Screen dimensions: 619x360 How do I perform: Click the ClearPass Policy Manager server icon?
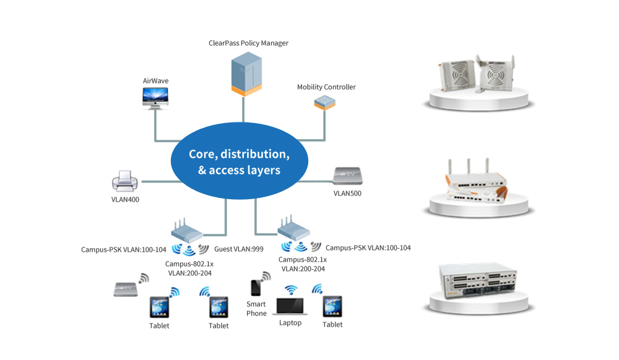(x=246, y=74)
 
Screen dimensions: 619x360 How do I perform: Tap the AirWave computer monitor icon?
(x=155, y=98)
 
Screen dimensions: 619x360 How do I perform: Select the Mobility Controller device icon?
(x=324, y=103)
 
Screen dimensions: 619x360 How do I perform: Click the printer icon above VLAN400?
(x=125, y=181)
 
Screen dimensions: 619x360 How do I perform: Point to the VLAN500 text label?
(x=347, y=193)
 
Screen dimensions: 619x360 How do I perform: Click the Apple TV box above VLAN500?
(x=347, y=176)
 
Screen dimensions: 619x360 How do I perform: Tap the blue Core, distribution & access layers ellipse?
(x=239, y=161)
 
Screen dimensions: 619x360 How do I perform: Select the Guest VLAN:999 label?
(x=238, y=249)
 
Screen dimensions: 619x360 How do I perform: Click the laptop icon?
(x=290, y=306)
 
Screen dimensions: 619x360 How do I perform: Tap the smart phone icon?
(x=256, y=288)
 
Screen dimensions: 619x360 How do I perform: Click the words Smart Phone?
(x=256, y=309)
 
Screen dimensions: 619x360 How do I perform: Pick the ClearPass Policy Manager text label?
(x=248, y=43)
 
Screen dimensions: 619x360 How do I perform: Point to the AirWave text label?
(x=155, y=81)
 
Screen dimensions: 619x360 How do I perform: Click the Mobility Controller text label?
(x=326, y=87)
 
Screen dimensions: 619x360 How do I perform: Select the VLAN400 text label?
(x=125, y=200)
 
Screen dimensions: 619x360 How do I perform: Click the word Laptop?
(x=290, y=323)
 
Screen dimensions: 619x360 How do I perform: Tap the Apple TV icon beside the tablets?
(x=126, y=289)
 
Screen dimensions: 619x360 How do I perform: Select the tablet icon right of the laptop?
(x=332, y=307)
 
